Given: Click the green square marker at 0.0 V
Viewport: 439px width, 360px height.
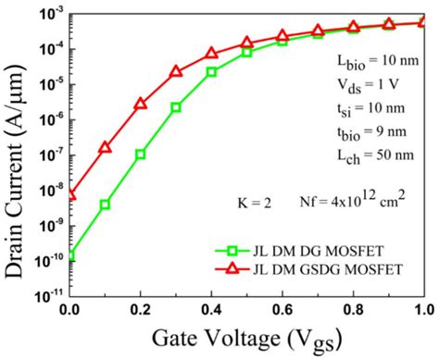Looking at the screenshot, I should click(70, 254).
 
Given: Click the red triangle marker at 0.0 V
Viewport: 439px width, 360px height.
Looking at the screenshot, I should click(70, 194).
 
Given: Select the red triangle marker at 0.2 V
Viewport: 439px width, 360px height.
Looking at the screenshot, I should click(141, 104).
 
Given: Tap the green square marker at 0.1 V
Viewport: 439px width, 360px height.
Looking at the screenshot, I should click(106, 204).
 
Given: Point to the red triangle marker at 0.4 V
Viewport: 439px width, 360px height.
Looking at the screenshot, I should click(211, 54).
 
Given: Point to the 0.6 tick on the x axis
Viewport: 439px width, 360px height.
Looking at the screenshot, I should click(282, 311).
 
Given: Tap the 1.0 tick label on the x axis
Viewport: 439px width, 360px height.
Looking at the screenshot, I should click(423, 311).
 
